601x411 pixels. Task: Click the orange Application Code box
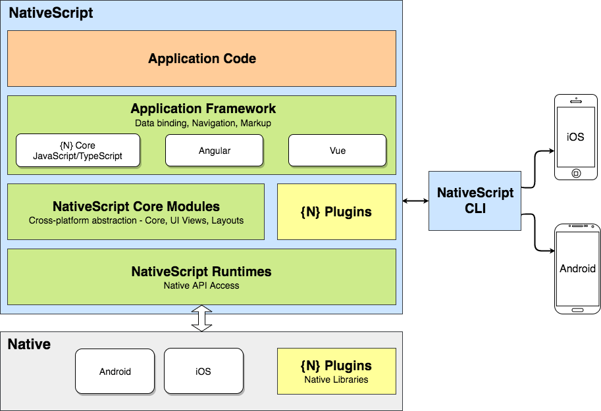[201, 59]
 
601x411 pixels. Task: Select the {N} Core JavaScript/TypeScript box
[78, 151]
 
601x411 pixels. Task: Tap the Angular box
[214, 151]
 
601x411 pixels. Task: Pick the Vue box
[337, 151]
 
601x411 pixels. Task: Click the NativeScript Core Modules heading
[136, 206]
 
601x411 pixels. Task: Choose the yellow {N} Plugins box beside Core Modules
[336, 212]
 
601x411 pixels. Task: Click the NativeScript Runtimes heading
[201, 272]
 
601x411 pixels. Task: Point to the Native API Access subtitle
[201, 285]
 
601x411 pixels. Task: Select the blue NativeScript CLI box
[475, 201]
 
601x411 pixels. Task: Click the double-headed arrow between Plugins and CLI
[412, 201]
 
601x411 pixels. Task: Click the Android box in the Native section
[115, 372]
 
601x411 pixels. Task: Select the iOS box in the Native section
[203, 372]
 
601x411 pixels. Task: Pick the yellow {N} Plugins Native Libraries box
[336, 372]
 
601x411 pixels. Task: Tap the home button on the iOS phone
[576, 174]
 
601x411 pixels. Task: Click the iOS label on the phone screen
[576, 137]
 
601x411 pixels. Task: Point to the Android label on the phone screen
[577, 268]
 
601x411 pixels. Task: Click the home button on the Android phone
[577, 309]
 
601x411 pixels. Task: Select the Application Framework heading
[203, 109]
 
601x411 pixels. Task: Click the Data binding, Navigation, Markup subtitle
[203, 123]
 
